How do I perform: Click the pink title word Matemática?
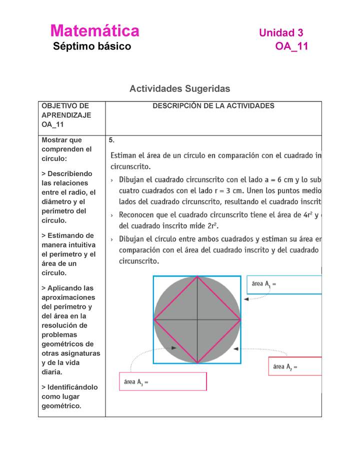94,31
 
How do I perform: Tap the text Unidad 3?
280,33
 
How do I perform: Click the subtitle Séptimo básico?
92,46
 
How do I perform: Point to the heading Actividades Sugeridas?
179,88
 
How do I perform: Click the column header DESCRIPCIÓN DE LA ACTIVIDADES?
213,106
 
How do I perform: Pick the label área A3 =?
136,382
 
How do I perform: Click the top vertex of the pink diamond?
197,276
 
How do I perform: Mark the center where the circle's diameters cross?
197,319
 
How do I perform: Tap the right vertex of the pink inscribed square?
240,319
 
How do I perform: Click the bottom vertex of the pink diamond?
197,362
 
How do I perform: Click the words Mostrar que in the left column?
61,140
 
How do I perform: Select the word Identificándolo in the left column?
69,387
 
